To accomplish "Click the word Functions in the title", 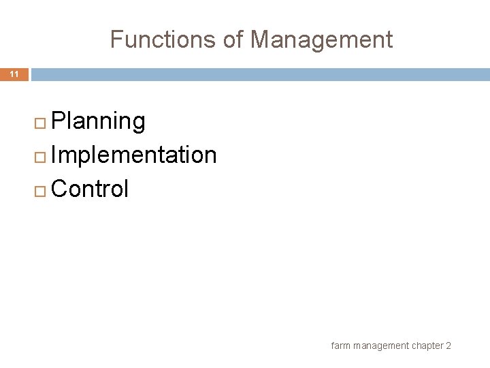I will pos(162,40).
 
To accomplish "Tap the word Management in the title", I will pos(321,40).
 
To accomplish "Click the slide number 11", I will pos(14,74).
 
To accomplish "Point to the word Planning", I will pos(98,121).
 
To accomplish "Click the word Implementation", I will pos(133,155).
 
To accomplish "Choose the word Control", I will pos(89,189).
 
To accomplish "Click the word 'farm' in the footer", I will pos(340,346).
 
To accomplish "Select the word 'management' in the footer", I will pos(381,346).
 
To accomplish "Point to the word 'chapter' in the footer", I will pos(427,346).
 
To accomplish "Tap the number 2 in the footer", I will pos(448,346).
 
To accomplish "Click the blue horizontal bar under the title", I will pos(259,74).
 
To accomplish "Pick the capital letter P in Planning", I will pos(58,121).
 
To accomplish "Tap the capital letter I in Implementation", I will pos(54,155).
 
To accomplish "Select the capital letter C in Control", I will pos(59,189).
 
